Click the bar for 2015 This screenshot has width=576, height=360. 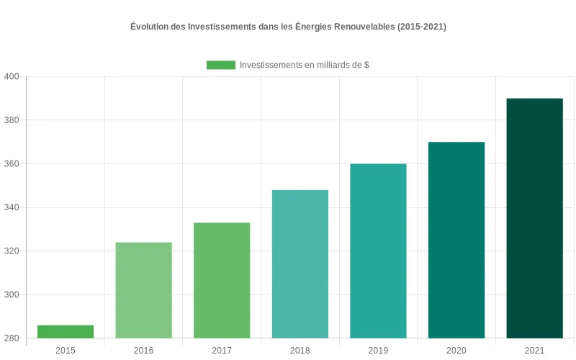[x=66, y=332]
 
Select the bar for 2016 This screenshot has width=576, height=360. [x=143, y=290]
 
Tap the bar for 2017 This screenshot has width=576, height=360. [x=222, y=281]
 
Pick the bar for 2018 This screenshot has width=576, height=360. [x=300, y=264]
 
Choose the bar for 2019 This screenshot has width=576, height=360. [x=378, y=251]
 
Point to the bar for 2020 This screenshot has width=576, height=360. [x=456, y=240]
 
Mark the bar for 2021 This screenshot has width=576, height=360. [x=534, y=218]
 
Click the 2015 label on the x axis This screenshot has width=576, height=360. [x=66, y=351]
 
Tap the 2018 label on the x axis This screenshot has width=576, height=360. [x=300, y=351]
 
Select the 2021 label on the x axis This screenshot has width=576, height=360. [x=534, y=351]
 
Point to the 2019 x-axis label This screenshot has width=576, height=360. [x=378, y=351]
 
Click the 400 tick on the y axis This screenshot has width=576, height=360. [x=12, y=77]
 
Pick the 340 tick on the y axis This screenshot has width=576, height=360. [x=12, y=208]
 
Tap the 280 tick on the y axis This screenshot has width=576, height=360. [x=12, y=338]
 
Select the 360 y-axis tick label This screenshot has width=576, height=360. [x=12, y=164]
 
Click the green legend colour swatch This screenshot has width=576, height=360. [x=221, y=65]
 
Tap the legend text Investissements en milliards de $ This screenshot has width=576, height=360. [x=305, y=65]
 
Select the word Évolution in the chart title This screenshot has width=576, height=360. [x=150, y=27]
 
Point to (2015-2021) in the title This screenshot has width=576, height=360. [x=423, y=27]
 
